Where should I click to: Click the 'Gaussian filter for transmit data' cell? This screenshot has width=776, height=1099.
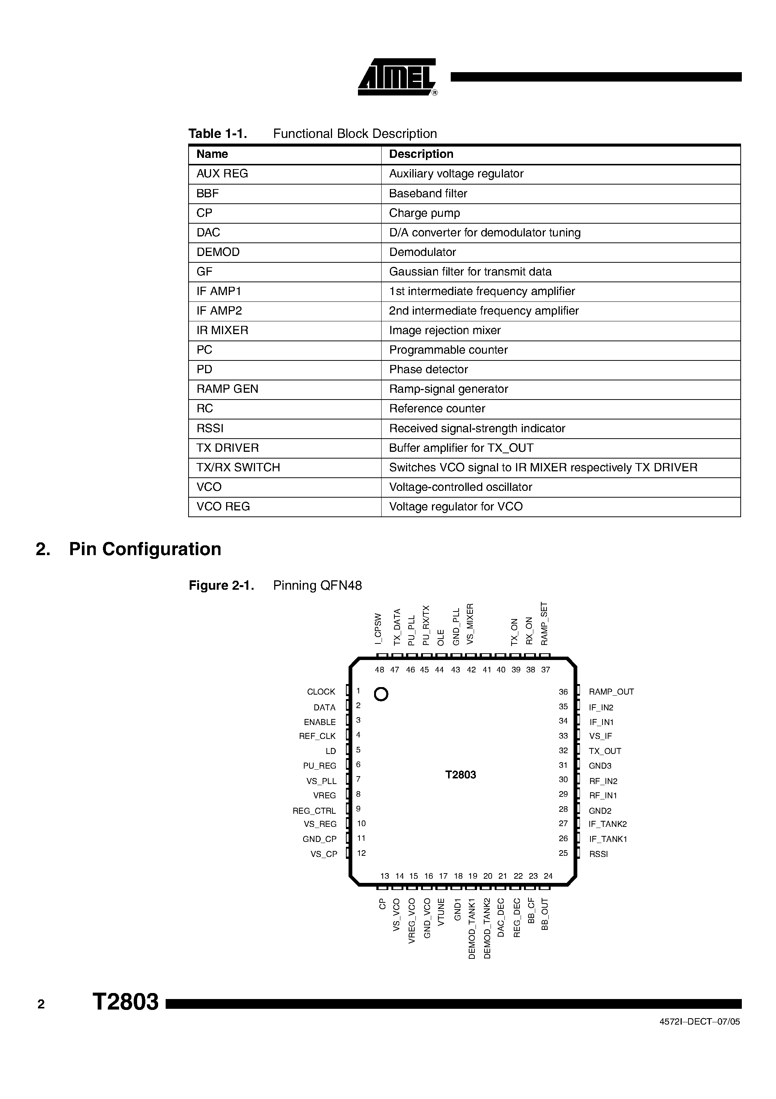[x=470, y=272]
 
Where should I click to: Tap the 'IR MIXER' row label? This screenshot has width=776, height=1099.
[x=222, y=330]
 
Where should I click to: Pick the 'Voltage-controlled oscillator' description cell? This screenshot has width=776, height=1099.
[x=460, y=487]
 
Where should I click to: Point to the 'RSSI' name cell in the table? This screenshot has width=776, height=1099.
[x=210, y=428]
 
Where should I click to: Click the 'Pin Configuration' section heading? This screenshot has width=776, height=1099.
[x=145, y=549]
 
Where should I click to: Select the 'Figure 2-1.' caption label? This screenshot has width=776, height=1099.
[x=221, y=586]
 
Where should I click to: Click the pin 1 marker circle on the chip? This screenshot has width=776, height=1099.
[x=381, y=694]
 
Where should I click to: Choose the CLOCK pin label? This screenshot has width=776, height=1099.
[x=321, y=692]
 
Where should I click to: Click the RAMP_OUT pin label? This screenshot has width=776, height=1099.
[x=611, y=692]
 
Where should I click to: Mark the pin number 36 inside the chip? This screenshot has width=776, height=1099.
[x=563, y=692]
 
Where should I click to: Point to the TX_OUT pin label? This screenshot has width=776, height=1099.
[x=605, y=751]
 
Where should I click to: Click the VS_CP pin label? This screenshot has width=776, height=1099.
[x=323, y=854]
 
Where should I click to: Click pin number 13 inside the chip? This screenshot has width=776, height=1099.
[x=385, y=876]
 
